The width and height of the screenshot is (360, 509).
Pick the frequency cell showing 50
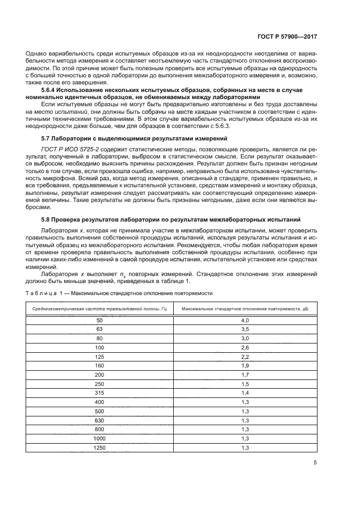[99, 321]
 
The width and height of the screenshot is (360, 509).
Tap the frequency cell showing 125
[99, 356]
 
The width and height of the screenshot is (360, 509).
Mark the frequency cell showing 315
[99, 392]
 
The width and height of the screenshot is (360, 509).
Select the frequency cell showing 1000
[99, 438]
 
